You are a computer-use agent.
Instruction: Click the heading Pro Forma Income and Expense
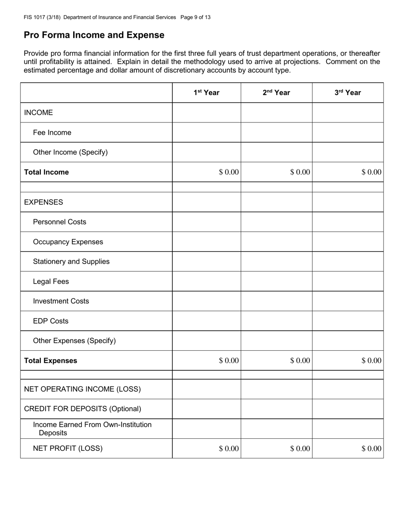coord(94,35)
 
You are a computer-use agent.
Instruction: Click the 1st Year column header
coord(207,93)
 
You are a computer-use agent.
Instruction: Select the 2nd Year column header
coord(276,93)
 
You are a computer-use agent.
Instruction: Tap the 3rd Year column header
coord(347,93)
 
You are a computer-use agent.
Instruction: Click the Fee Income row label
coord(52,133)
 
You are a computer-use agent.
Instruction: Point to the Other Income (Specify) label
coord(70,152)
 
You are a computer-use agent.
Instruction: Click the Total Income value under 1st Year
coord(229,172)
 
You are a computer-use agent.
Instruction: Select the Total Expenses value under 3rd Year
coord(371,361)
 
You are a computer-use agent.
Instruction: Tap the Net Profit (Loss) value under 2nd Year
coord(300,449)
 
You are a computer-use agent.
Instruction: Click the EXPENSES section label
coord(43,202)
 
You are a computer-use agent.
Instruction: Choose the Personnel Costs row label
coord(60,222)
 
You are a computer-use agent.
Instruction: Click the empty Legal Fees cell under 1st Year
coord(207,281)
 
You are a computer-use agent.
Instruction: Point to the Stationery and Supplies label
coord(71,261)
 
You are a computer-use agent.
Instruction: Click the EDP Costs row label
coord(51,321)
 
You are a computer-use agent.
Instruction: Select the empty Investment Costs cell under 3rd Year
coord(347,301)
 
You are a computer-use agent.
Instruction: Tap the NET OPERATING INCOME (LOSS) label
coord(83,389)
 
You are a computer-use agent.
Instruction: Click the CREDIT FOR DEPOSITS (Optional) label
coord(83,409)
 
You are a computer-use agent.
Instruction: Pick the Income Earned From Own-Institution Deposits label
coord(92,429)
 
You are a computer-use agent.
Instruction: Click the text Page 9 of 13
coord(195,17)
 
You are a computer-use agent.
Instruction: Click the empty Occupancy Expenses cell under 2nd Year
coord(276,242)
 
